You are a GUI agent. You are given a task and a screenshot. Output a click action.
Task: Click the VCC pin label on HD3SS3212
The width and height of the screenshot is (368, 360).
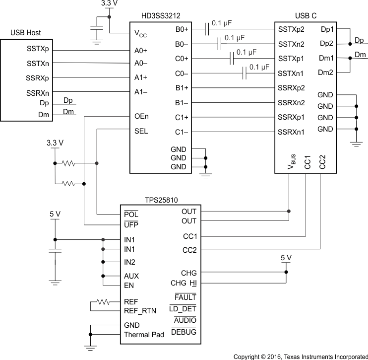tap(140, 34)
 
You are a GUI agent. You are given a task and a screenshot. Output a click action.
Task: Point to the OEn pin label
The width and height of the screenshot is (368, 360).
tap(141, 117)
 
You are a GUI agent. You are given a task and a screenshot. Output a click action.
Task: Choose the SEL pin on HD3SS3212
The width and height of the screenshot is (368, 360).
tap(141, 132)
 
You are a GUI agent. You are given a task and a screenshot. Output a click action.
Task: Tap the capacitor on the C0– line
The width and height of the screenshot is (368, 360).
tap(244, 74)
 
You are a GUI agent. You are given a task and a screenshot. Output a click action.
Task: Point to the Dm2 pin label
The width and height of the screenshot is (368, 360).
tap(326, 72)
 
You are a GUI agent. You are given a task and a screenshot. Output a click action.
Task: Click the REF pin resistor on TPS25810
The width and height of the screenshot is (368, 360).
tap(103, 301)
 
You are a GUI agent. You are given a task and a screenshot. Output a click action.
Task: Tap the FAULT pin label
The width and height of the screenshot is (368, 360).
tap(185, 297)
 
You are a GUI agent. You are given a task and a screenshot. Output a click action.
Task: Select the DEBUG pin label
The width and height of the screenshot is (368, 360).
tap(184, 332)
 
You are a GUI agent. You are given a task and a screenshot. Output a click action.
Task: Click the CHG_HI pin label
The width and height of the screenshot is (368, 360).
tap(184, 284)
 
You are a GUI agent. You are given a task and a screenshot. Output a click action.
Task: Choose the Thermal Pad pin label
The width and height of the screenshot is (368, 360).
tap(144, 335)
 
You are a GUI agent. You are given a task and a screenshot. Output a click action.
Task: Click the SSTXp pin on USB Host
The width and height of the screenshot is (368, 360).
tap(38, 50)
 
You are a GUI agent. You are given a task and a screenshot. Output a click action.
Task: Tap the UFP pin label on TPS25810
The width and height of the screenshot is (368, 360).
tap(131, 225)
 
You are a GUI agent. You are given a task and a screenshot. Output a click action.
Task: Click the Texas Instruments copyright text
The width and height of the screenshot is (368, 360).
tap(301, 356)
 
